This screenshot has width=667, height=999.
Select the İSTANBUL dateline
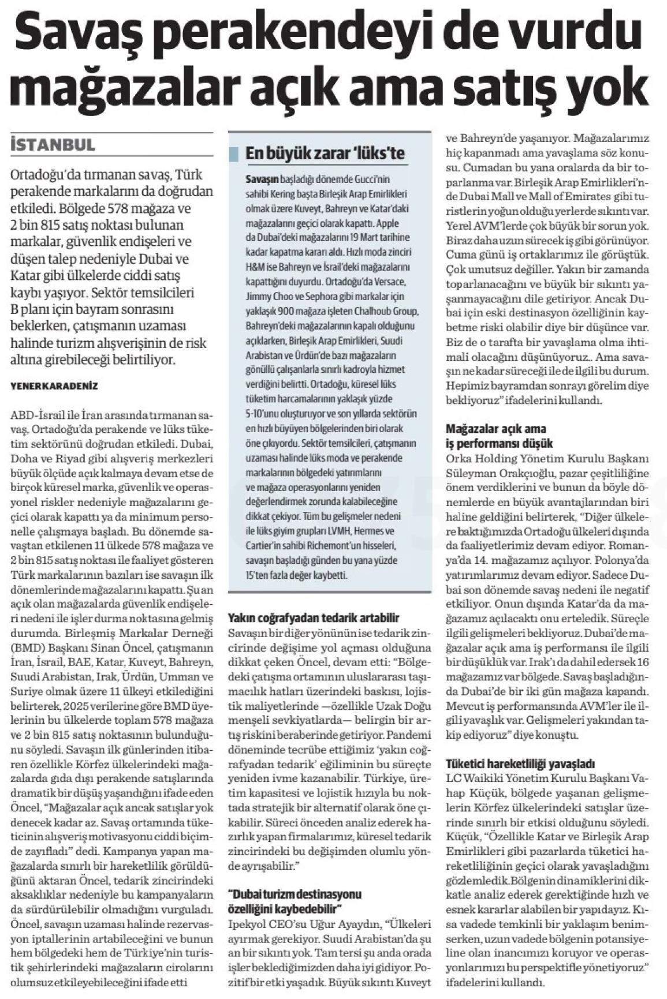[53, 145]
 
